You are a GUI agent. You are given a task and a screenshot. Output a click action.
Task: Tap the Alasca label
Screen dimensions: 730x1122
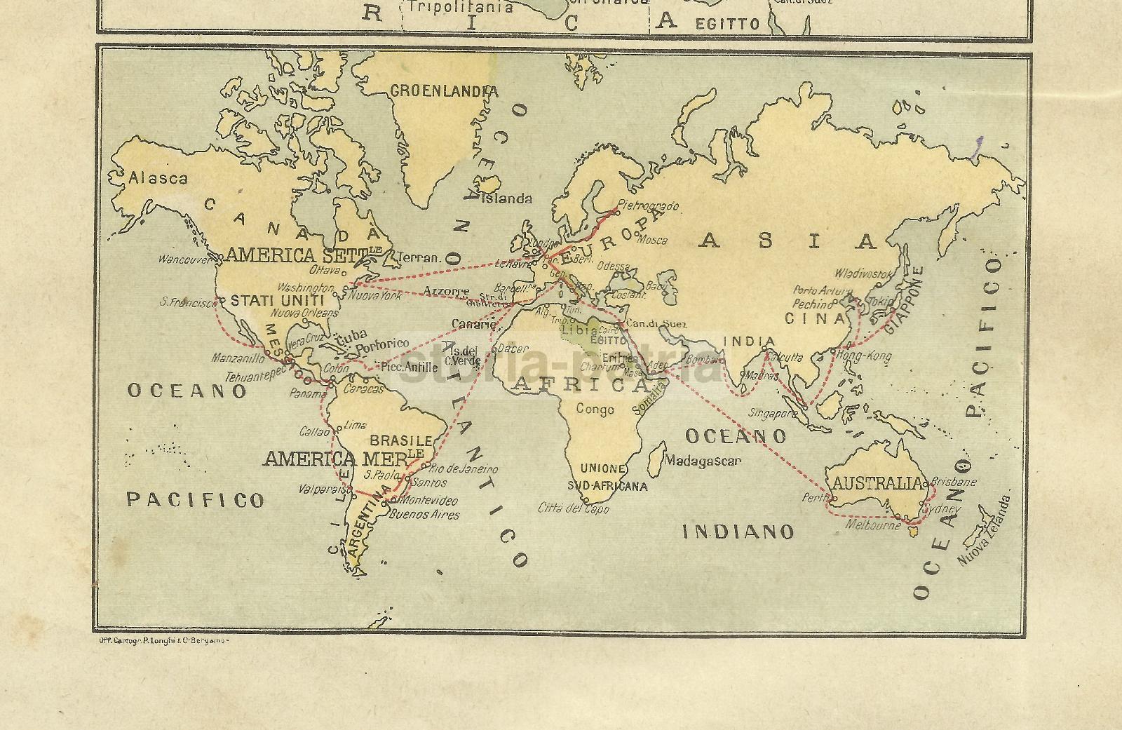(x=158, y=179)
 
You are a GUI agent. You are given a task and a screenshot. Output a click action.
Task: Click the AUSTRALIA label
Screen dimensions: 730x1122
(x=877, y=483)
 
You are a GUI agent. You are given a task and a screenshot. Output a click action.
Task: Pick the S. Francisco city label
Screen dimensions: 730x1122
(x=189, y=303)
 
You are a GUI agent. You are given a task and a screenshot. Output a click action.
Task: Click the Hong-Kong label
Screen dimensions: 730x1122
(x=864, y=356)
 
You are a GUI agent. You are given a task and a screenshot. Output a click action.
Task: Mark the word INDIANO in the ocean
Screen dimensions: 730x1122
(x=738, y=532)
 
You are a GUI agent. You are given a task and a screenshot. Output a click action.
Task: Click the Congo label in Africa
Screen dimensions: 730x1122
(x=595, y=410)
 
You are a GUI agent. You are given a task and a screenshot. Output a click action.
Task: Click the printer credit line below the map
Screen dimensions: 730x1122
(x=161, y=640)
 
